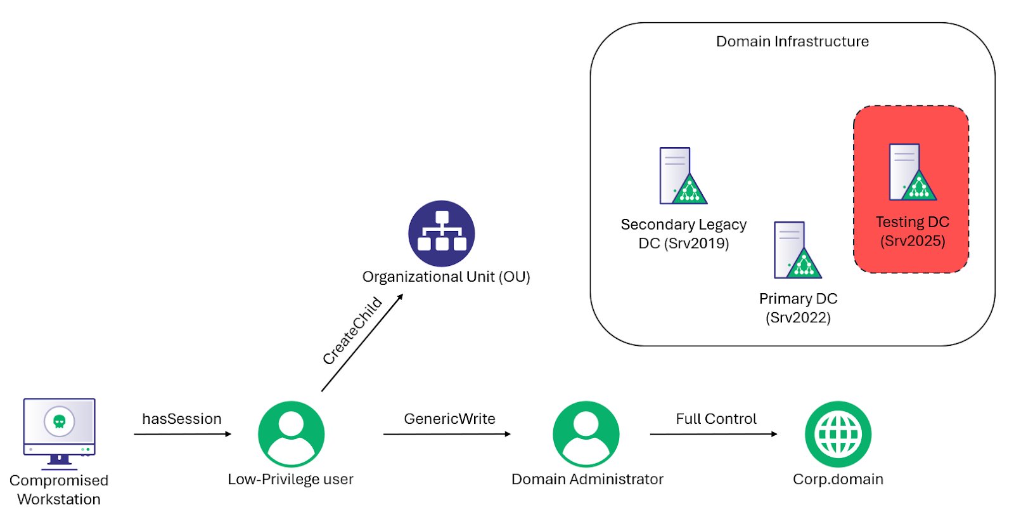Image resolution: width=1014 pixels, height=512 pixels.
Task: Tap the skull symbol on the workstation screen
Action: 59,421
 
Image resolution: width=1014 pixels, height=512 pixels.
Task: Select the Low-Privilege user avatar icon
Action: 291,434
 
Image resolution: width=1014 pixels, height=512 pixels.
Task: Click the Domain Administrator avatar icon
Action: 586,434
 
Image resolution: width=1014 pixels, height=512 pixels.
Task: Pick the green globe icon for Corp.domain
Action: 838,434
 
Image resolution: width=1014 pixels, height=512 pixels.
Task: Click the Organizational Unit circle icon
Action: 442,233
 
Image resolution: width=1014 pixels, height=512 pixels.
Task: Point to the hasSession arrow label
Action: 182,419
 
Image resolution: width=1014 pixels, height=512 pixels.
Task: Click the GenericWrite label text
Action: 449,419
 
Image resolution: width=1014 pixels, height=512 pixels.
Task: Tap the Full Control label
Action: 716,419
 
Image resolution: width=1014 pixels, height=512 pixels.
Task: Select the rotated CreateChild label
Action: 352,331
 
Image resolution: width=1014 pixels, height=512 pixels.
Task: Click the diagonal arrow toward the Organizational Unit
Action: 362,343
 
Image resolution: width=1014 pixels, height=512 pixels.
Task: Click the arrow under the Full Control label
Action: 713,434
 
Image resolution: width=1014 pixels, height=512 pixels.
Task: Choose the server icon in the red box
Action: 912,172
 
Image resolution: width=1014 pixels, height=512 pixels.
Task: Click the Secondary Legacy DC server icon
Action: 683,176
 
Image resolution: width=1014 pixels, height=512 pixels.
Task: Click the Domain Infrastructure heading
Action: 792,41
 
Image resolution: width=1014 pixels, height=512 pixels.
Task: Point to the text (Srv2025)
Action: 913,241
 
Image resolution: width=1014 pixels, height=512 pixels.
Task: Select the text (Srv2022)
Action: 798,317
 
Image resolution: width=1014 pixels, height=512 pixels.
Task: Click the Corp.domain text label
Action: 838,479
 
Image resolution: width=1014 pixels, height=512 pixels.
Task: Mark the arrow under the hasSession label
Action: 183,434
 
